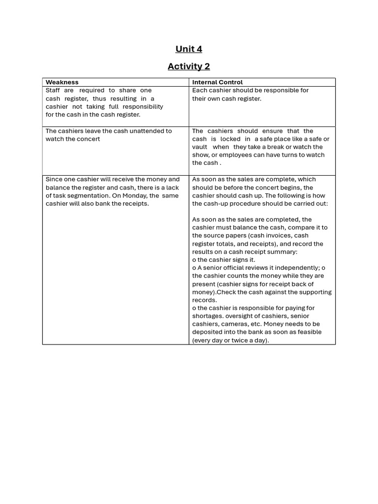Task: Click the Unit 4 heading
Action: (x=189, y=49)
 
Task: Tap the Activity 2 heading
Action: (x=189, y=66)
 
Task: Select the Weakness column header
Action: (x=62, y=82)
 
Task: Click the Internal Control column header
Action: (x=217, y=82)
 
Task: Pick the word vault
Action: (x=199, y=147)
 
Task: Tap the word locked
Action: (x=230, y=139)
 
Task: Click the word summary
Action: (x=284, y=252)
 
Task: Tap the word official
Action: (x=236, y=268)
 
